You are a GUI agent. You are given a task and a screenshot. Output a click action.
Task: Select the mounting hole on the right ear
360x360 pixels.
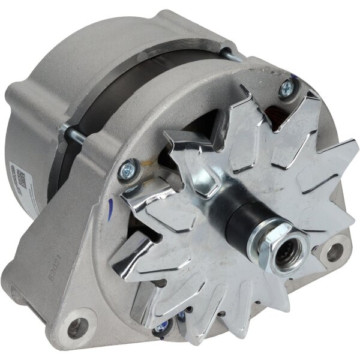(x=340, y=247)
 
